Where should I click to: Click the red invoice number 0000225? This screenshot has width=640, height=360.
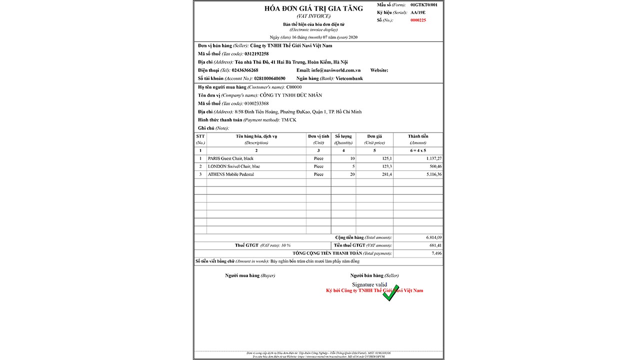coord(417,20)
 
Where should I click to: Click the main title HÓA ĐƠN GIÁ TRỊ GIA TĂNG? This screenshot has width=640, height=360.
coord(313,8)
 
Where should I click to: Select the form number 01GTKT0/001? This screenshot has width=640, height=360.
coord(423,4)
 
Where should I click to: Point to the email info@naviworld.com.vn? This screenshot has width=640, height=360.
coord(336,70)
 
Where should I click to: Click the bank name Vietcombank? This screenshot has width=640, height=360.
coord(349,78)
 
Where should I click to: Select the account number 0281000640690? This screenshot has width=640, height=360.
coord(269,78)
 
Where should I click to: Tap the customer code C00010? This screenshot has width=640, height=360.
coord(294,87)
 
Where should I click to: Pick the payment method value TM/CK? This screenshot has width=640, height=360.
coord(288,120)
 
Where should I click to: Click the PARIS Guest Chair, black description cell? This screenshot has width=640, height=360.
coord(230,158)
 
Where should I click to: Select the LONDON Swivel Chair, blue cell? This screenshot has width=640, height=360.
coord(233,166)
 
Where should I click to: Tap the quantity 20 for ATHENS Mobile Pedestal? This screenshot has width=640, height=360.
coord(352,174)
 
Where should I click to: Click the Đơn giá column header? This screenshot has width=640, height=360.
coord(374,136)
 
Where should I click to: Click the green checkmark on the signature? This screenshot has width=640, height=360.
coord(390,293)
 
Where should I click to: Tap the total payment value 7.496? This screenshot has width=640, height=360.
coord(436,253)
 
